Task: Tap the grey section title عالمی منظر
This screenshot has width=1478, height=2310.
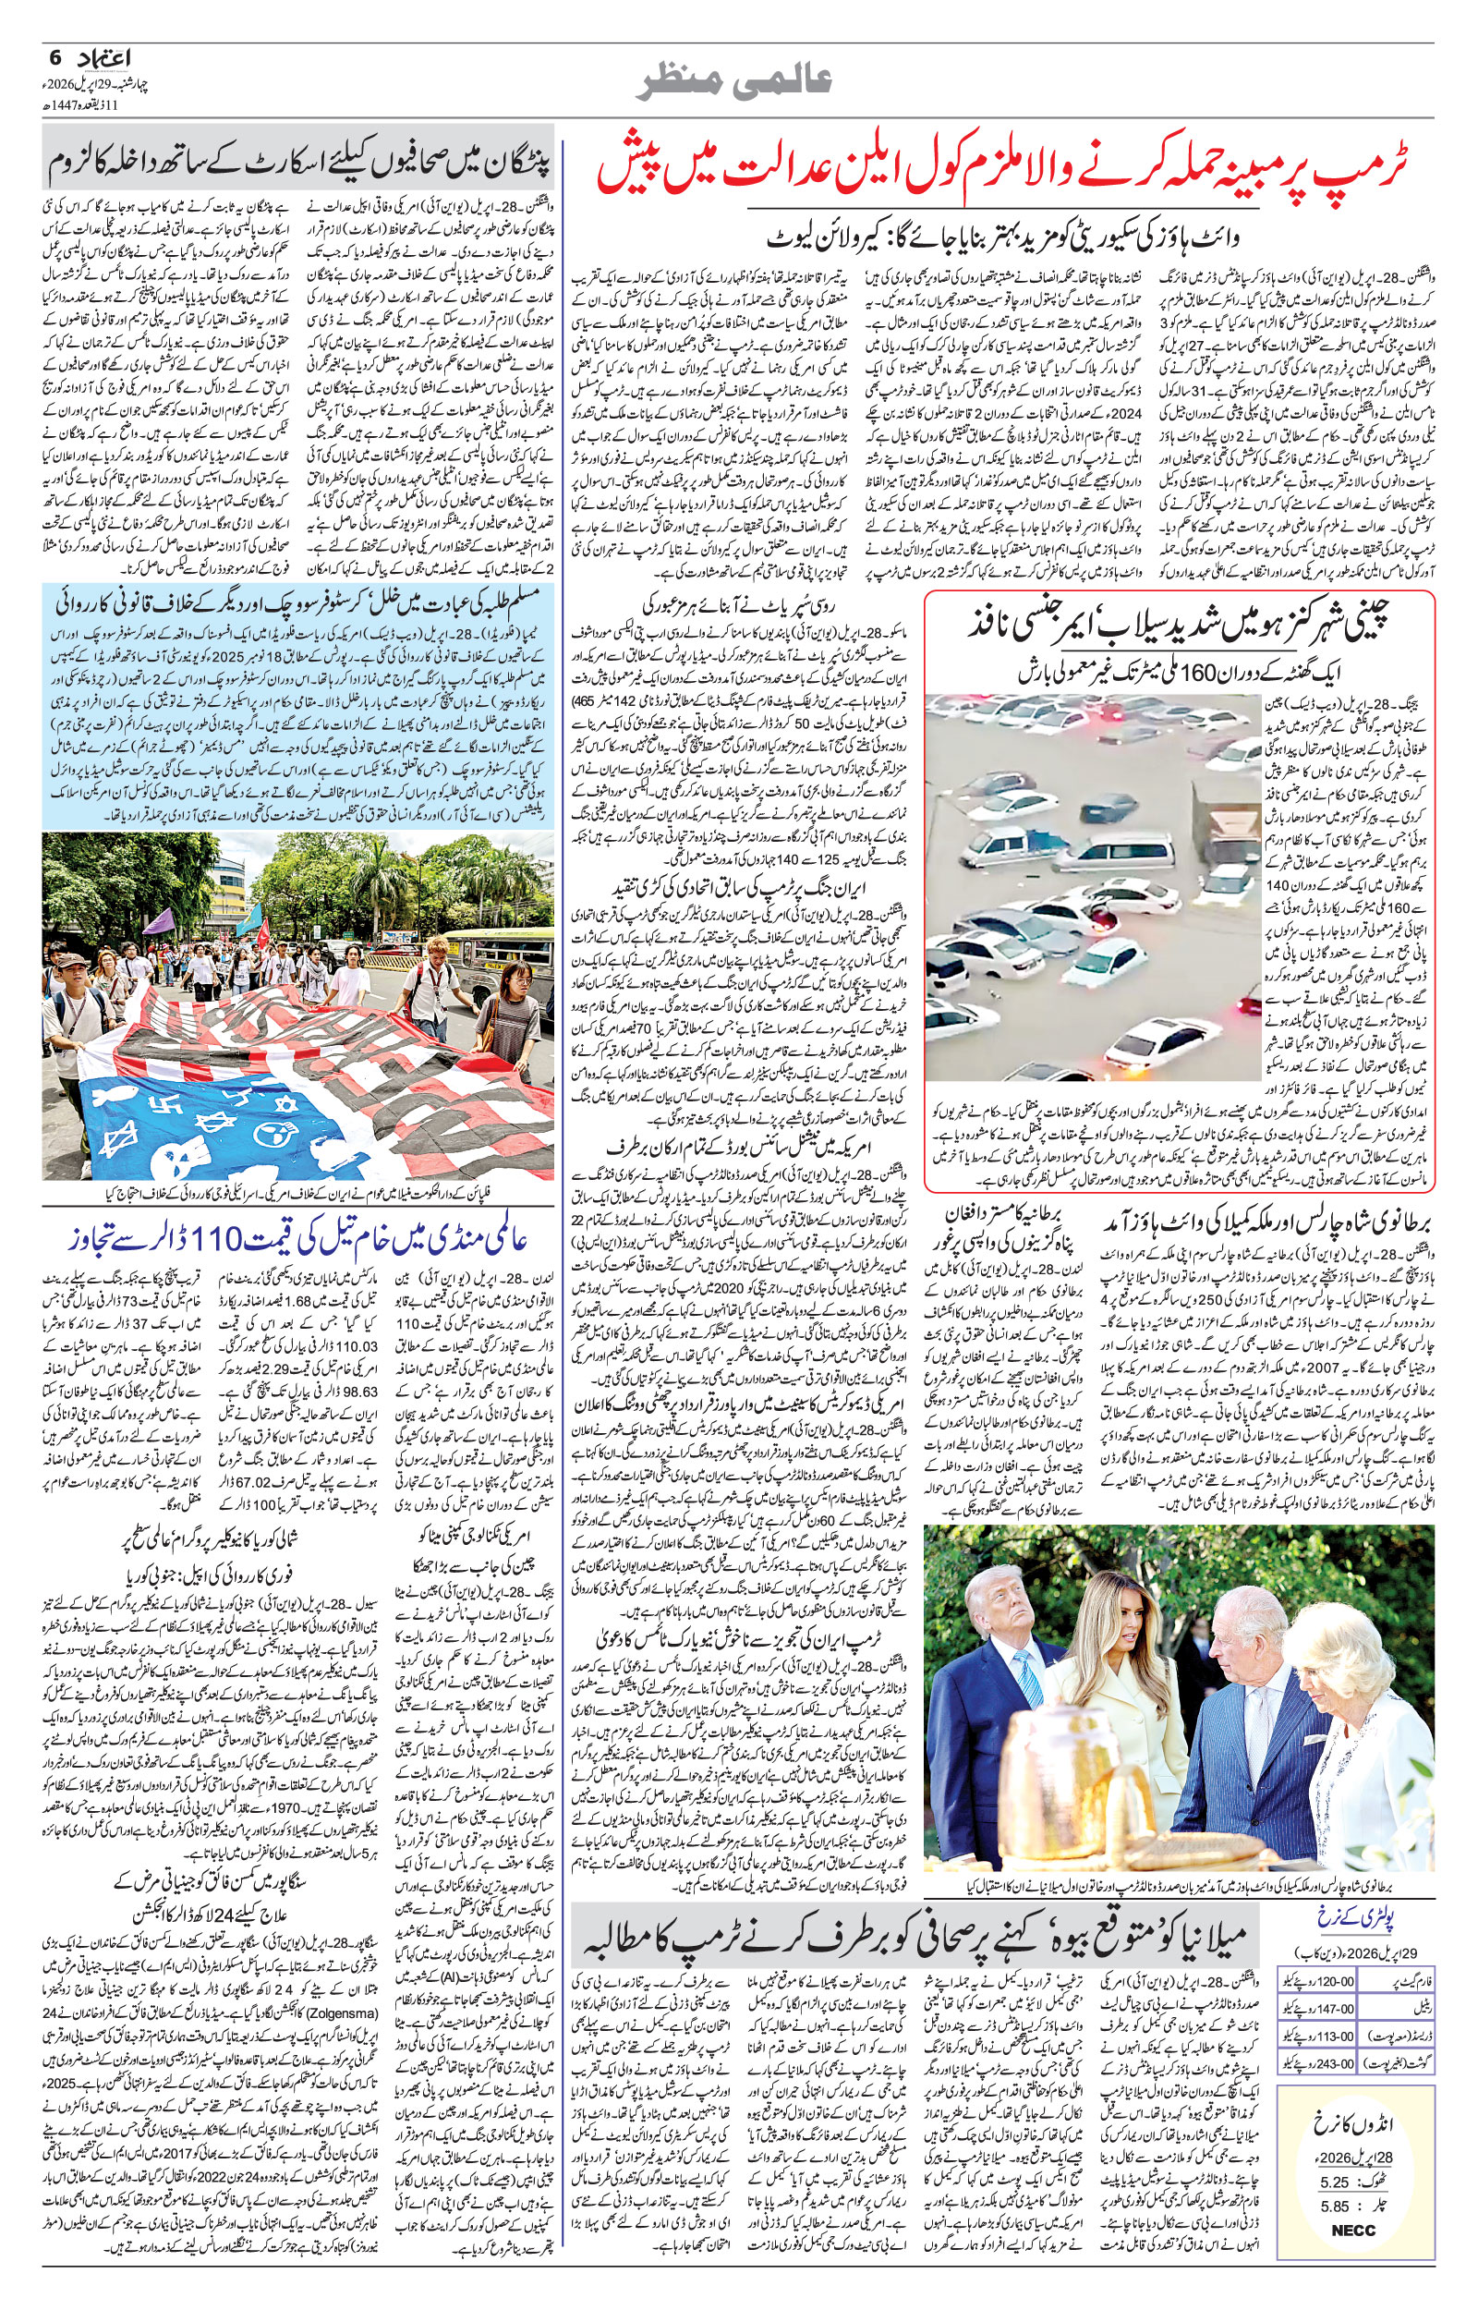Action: (x=738, y=82)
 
